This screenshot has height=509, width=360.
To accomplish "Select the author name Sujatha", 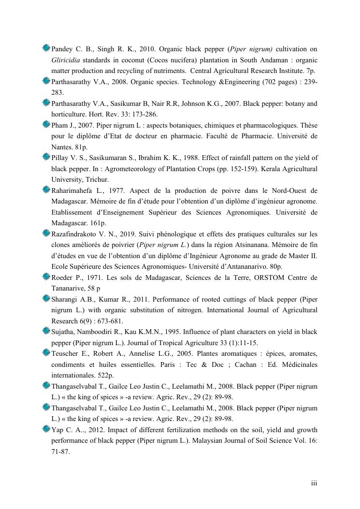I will (63, 332).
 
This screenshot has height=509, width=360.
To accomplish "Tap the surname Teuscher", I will (66, 353).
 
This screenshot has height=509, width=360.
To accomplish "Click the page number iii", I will (314, 482).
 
